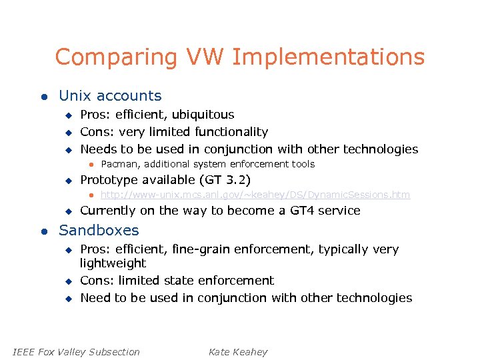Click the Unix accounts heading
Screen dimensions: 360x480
point(110,96)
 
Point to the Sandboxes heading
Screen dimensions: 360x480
point(99,231)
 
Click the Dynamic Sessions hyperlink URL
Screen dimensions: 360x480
point(255,195)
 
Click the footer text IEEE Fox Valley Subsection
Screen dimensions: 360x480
point(77,352)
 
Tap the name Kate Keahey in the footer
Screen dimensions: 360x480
point(237,352)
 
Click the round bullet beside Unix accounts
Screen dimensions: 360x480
point(43,97)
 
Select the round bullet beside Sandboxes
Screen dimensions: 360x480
point(43,231)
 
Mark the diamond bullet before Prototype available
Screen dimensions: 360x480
point(67,181)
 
